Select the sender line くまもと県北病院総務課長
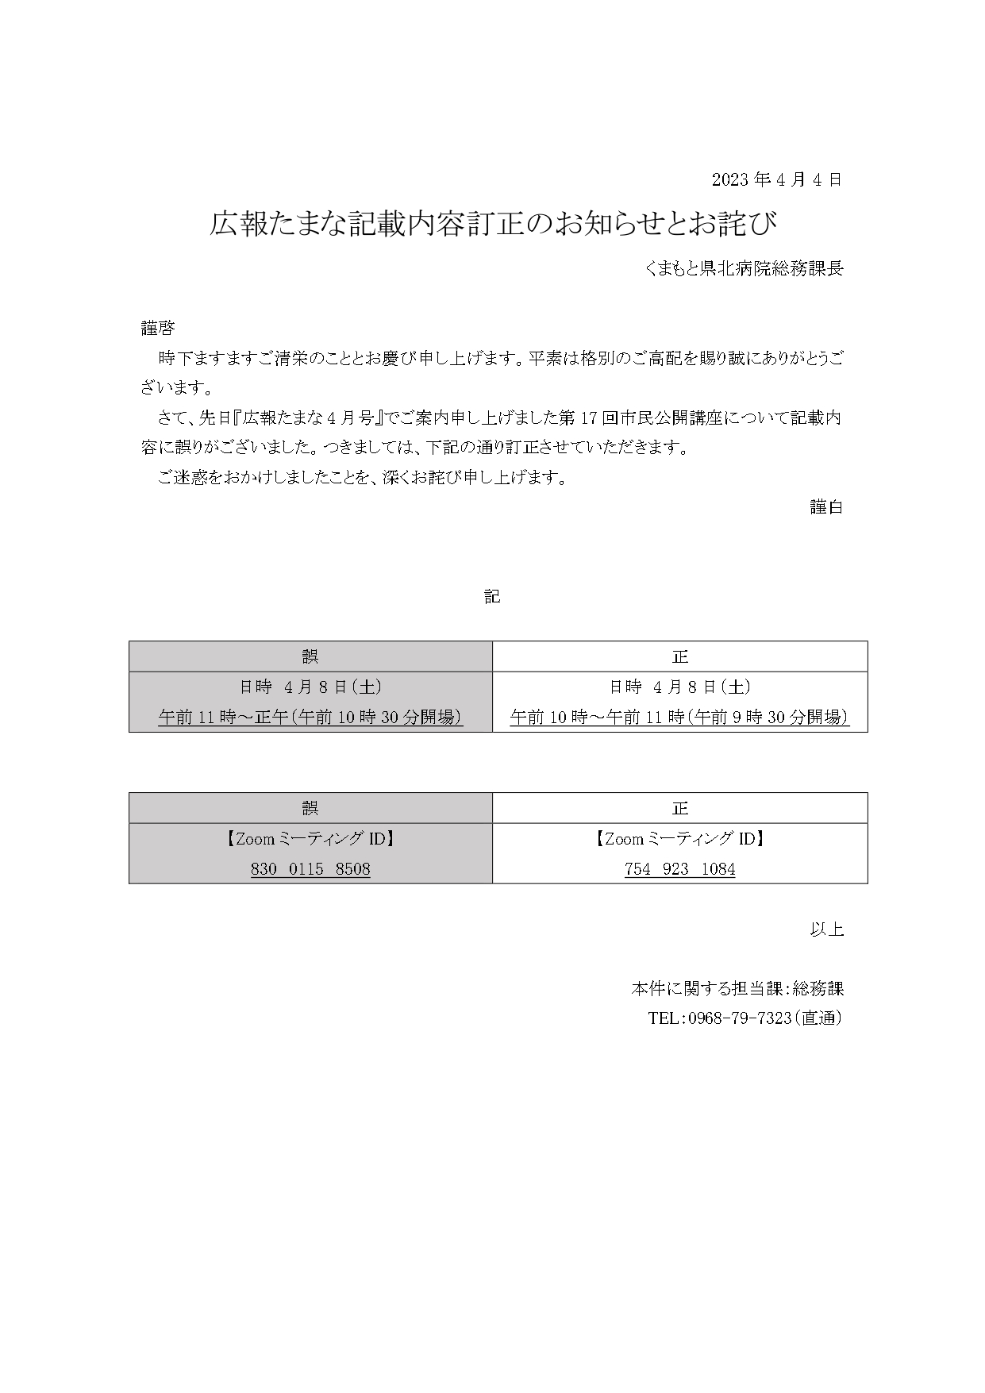(744, 269)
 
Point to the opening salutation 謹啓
(158, 328)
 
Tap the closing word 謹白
(825, 507)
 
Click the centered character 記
(492, 597)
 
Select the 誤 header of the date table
(310, 656)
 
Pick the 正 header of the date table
(679, 656)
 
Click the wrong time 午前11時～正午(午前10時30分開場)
(310, 717)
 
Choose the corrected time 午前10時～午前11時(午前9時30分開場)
(679, 717)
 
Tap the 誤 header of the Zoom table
(310, 808)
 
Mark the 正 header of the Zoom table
(679, 808)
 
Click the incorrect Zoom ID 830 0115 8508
(310, 869)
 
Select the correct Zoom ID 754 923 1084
(679, 869)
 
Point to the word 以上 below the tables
(825, 929)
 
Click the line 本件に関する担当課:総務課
(737, 989)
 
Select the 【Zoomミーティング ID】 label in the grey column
(310, 838)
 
